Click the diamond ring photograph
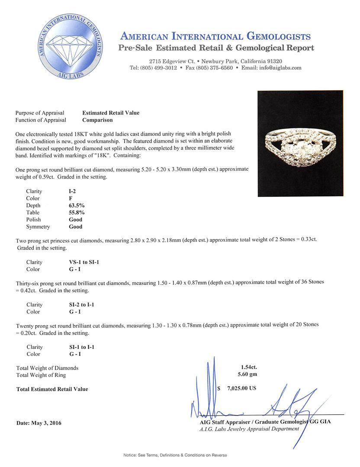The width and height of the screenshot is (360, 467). (300, 144)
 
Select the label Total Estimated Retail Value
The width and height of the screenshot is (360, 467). (52, 389)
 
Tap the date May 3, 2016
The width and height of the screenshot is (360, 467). (39, 423)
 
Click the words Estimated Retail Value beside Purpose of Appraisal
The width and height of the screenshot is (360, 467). (111, 113)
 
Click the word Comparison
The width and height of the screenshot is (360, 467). (97, 120)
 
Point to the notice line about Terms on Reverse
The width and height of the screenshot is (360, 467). (175, 455)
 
